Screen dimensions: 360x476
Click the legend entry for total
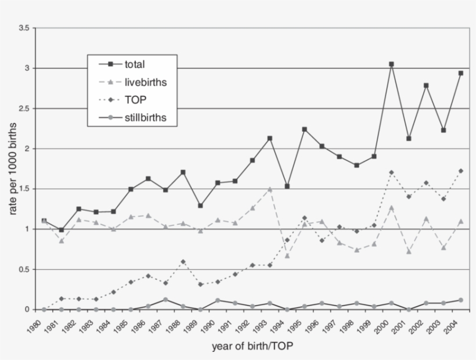135,64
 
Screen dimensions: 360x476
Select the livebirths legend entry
146,82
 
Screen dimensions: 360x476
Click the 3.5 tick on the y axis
24,28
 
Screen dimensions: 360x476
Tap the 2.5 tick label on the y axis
24,109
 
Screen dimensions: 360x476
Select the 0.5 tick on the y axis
24,269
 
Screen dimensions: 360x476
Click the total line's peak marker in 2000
391,64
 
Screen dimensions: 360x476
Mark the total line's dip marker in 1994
287,186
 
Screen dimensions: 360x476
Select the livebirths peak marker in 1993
270,189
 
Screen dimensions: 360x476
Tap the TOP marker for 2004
461,171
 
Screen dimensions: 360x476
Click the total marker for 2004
461,73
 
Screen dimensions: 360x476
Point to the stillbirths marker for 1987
165,300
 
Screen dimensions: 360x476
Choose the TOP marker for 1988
183,262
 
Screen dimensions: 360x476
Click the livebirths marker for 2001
409,251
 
